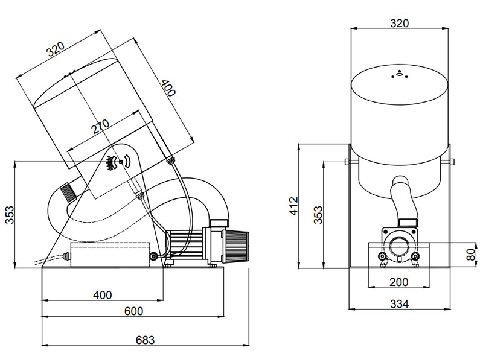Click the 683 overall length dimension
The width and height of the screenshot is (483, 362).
tap(145, 340)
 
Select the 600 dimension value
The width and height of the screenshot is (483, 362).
tap(133, 311)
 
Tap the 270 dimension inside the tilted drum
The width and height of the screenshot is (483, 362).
tap(101, 126)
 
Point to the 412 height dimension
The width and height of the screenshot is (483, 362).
tap(293, 206)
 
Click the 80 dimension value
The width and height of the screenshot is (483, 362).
tap(472, 255)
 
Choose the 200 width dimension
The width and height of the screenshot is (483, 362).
tap(398, 282)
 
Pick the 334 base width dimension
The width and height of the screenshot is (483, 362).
tap(399, 304)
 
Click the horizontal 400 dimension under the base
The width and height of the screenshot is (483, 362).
tap(102, 295)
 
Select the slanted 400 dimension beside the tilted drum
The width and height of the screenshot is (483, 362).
tap(168, 87)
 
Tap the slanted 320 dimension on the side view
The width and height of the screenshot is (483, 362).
tap(56, 49)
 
